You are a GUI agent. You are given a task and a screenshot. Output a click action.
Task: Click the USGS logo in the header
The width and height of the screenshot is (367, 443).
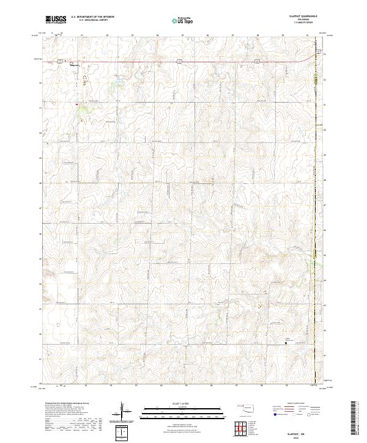tap(56, 20)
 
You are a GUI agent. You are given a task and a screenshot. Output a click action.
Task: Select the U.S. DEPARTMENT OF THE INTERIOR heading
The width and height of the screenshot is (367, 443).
tap(92, 16)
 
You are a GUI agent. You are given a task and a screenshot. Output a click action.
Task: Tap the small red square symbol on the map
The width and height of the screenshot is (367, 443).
tap(76, 104)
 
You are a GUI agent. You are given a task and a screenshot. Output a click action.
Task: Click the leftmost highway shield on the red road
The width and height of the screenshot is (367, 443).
tap(61, 60)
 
